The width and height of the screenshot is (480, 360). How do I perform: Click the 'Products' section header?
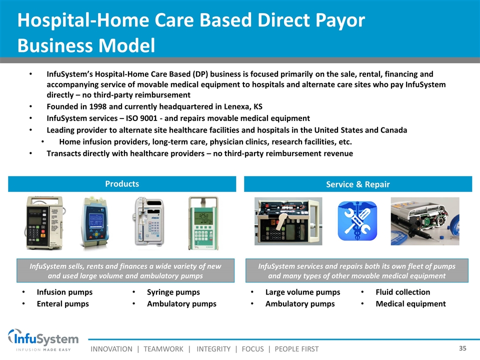coord(122,183)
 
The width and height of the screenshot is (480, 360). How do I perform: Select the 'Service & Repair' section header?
coord(358,184)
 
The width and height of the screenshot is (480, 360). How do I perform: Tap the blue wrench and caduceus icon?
coord(357,220)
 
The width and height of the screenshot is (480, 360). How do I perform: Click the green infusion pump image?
coord(203,223)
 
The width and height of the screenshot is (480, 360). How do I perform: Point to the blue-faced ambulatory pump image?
coord(95,222)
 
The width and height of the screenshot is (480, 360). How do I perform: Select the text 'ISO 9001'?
coord(141,118)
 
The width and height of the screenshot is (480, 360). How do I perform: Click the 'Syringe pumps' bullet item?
coord(173,292)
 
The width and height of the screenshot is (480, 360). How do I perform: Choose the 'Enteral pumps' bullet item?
coord(63,303)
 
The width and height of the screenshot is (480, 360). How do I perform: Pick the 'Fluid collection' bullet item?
coord(403,292)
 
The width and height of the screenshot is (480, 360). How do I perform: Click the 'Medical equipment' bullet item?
coord(411,303)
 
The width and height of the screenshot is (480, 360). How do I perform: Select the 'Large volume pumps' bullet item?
coord(303,292)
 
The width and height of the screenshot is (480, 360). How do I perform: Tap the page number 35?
coord(462,348)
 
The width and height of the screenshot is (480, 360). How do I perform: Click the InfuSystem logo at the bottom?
coord(43,340)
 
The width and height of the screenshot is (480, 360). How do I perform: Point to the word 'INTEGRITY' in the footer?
coord(213,349)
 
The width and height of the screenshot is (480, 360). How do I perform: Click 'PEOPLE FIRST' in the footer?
coord(296,349)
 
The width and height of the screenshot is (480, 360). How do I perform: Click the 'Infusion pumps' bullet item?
coord(64,292)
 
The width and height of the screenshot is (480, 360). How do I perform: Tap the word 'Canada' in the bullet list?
coord(393,130)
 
